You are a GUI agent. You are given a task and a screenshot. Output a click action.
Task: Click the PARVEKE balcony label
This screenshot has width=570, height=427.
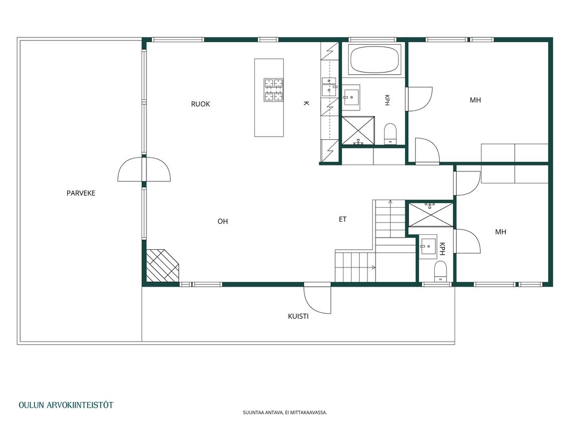[x=81, y=193]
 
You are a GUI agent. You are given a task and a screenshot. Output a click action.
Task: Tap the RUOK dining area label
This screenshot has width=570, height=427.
[x=200, y=104]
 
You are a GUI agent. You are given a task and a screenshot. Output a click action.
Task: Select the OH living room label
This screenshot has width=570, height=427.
[x=222, y=221]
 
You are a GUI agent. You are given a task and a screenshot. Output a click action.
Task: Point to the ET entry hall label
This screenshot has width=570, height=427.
[x=342, y=219]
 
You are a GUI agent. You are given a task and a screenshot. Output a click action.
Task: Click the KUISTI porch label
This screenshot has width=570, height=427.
[x=298, y=317]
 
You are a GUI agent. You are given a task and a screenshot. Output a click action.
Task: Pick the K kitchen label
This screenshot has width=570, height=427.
[x=306, y=104]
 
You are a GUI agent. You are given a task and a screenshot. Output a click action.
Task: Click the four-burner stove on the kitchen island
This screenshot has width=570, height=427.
[x=274, y=90]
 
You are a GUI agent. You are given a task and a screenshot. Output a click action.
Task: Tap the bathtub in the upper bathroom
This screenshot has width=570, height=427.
[x=374, y=60]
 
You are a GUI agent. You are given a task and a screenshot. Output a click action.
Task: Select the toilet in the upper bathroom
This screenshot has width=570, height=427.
[x=391, y=133]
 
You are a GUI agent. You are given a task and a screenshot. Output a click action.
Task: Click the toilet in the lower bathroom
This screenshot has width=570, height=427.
[x=440, y=271]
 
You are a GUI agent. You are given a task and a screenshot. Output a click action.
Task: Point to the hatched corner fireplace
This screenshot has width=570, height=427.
[x=162, y=265]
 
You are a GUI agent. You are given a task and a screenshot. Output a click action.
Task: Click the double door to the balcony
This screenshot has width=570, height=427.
[x=144, y=169]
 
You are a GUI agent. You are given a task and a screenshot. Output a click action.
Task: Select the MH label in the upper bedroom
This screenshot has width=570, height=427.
[x=475, y=100]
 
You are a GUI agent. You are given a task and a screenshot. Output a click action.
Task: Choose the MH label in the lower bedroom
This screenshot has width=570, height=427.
[x=501, y=232]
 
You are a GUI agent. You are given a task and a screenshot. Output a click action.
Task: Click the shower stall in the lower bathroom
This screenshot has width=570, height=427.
[x=431, y=215]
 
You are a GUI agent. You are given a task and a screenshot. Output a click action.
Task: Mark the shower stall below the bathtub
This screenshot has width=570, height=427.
[x=358, y=130]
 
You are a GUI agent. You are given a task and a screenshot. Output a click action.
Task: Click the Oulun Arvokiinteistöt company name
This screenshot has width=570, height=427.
[x=66, y=405]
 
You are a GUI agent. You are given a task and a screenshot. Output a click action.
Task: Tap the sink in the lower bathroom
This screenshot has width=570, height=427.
[x=428, y=248]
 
